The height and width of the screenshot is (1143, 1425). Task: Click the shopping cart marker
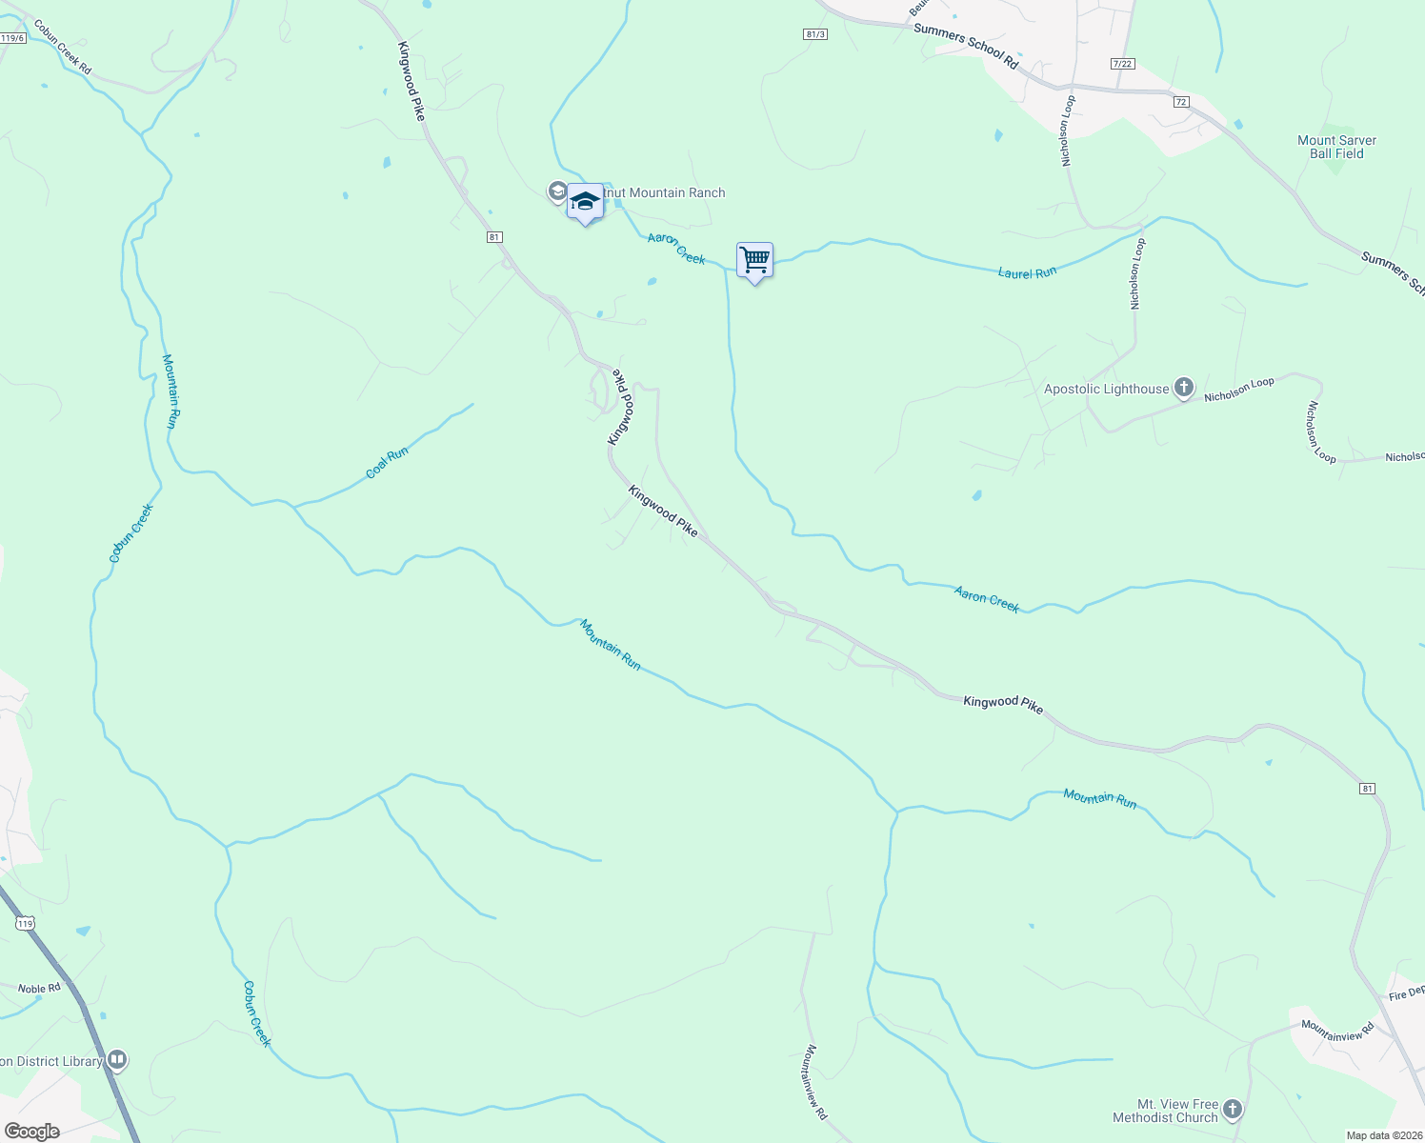[754, 260]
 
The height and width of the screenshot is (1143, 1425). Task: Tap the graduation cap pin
[585, 202]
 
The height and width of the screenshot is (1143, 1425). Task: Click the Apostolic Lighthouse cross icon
[1184, 388]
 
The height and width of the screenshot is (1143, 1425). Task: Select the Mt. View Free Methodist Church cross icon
[1233, 1110]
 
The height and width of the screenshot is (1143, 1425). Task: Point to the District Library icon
[117, 1059]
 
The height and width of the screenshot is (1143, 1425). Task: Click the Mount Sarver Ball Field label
[1336, 147]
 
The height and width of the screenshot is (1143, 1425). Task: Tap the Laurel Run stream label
[1027, 273]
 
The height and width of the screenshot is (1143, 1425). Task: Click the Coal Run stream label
[387, 463]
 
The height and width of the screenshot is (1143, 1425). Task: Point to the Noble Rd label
[39, 989]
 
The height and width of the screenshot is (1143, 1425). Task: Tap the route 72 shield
[1181, 102]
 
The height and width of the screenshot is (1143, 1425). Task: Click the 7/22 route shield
[1123, 64]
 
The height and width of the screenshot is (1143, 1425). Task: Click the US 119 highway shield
[26, 924]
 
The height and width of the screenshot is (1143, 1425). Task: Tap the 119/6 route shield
[12, 38]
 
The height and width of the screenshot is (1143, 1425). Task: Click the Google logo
[31, 1132]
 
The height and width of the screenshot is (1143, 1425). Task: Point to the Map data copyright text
[1384, 1135]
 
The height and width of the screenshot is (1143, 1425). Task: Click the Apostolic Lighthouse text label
[1106, 389]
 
